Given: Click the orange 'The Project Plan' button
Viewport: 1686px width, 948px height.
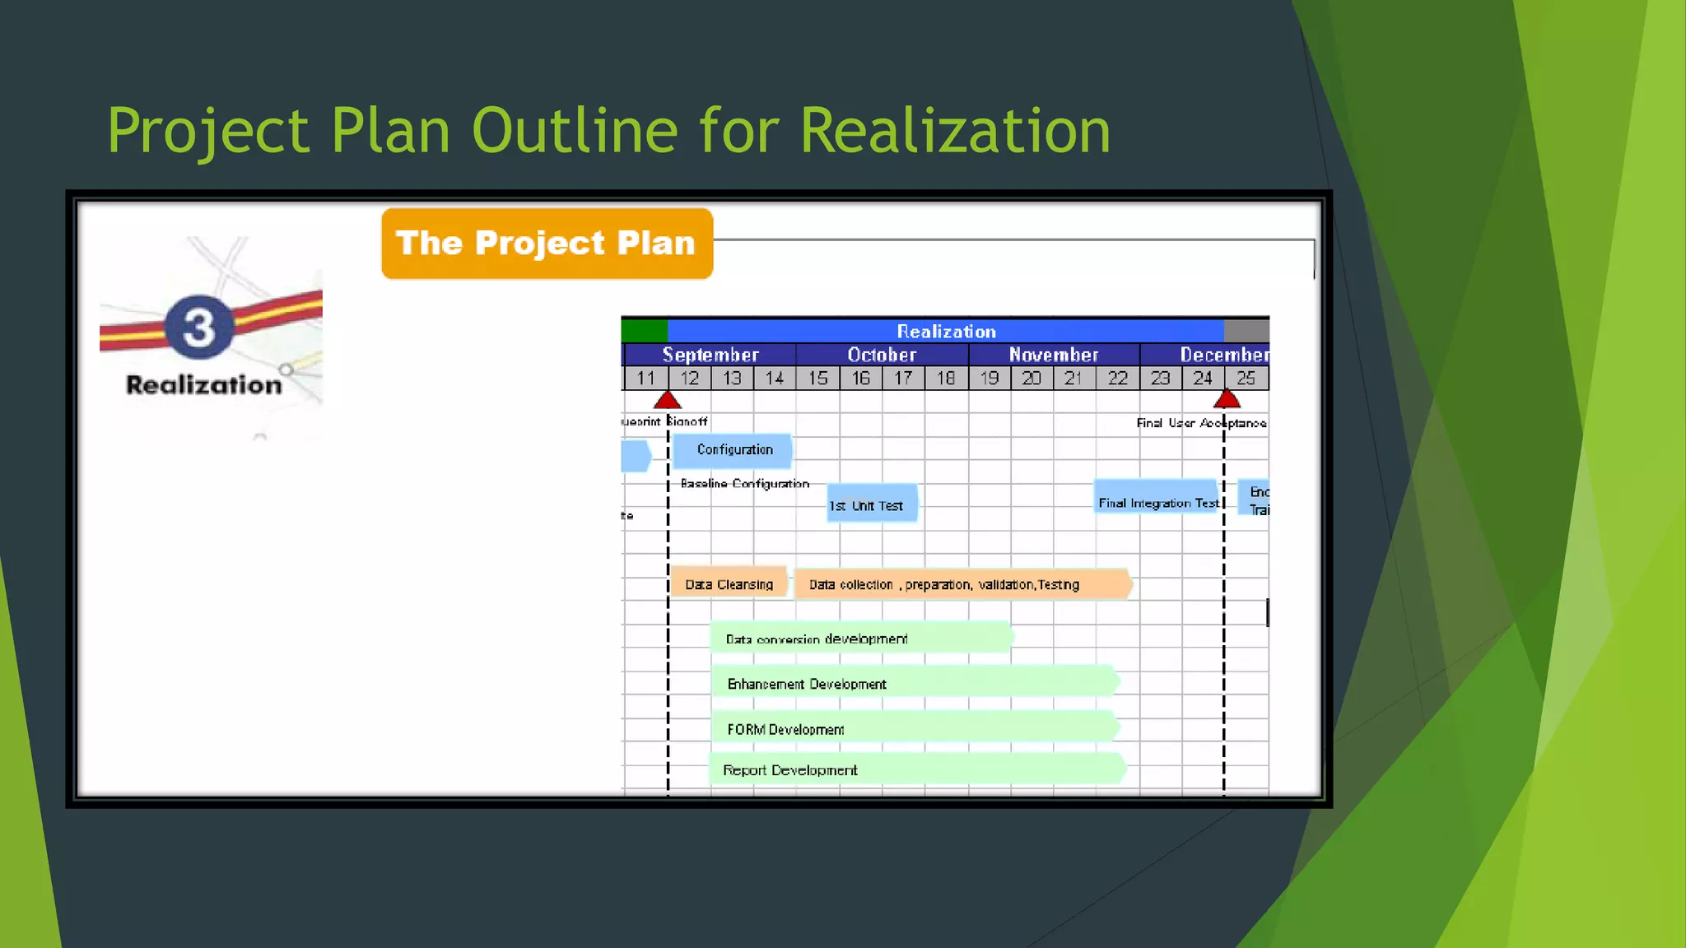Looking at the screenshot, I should (547, 244).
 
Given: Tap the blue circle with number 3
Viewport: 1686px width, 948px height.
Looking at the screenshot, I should (199, 327).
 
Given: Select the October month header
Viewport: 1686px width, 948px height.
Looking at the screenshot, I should (882, 355).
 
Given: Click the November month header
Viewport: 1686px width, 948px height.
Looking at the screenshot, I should (1054, 355).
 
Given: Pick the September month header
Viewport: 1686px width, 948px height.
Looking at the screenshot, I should (710, 355).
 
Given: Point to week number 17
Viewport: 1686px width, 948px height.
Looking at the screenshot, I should (903, 379).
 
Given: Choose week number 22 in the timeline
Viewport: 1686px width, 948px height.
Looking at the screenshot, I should (1117, 379).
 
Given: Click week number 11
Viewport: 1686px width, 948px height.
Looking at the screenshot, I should (646, 379).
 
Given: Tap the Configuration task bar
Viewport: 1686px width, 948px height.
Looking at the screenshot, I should (733, 450).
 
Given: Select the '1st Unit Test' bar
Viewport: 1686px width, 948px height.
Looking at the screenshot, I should (872, 504).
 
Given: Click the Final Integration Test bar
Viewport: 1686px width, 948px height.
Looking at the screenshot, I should (1157, 498).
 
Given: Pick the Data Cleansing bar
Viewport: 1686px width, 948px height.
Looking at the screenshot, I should (729, 583).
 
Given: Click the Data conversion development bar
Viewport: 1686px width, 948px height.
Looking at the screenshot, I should (860, 638).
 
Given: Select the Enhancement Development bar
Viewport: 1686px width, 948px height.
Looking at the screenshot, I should (914, 683).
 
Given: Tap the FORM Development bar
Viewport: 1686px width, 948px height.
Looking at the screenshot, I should (914, 728).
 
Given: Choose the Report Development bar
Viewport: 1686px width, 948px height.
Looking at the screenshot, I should (916, 769).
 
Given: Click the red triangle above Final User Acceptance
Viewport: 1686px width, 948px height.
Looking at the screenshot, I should (1227, 400).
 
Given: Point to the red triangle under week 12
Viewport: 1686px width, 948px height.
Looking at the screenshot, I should (668, 401).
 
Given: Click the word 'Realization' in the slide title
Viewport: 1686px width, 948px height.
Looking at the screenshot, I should (955, 131).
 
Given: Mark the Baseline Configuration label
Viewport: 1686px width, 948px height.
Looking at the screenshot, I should (744, 484).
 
